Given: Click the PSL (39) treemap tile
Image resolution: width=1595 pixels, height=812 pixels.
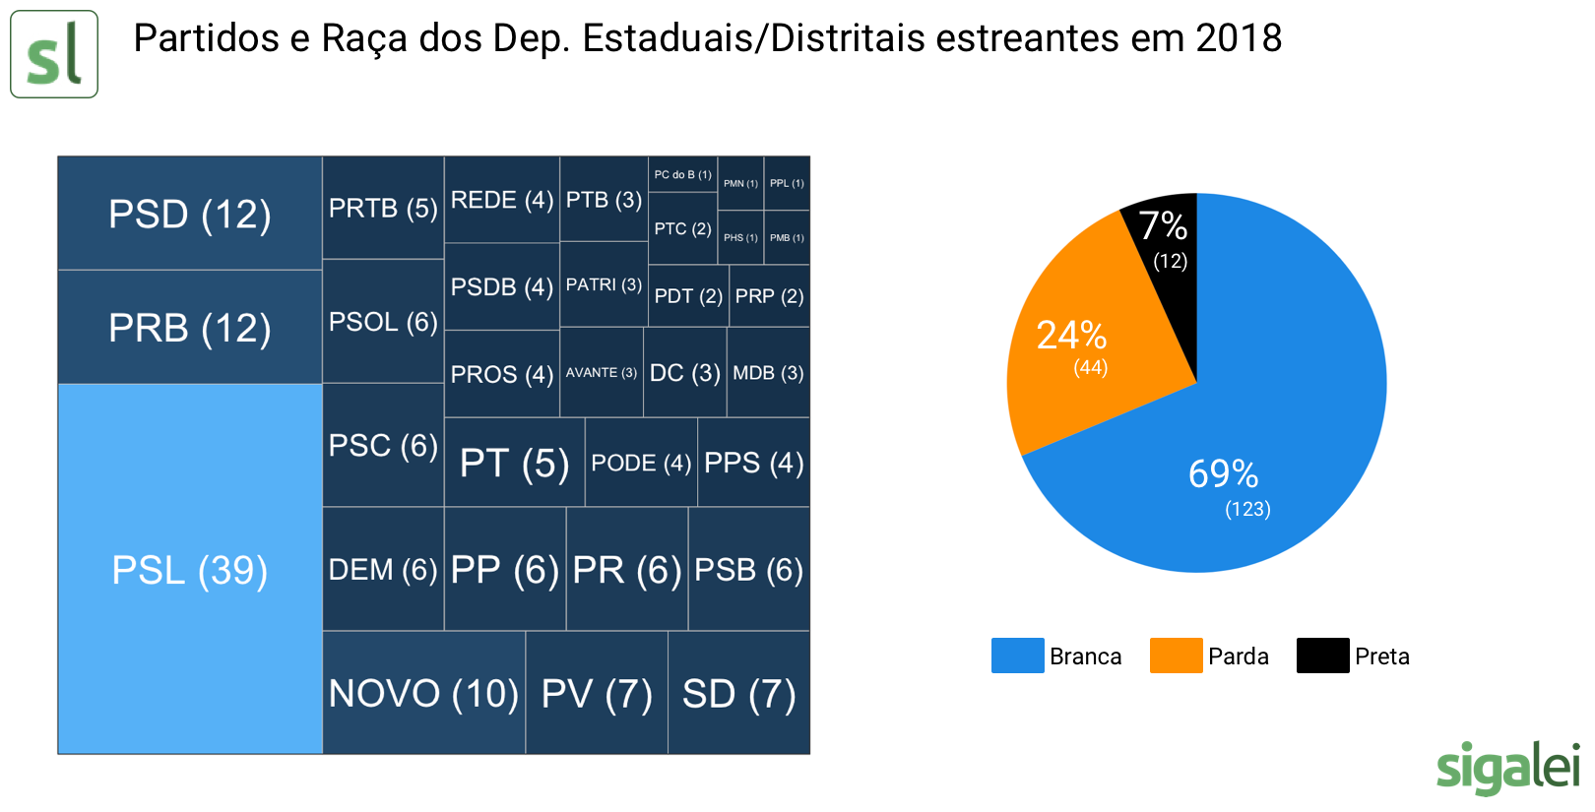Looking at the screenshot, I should [x=190, y=569].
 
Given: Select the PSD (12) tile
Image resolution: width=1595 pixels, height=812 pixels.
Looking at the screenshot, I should [x=190, y=214].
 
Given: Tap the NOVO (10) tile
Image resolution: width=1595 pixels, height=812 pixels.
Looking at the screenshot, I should [x=423, y=693].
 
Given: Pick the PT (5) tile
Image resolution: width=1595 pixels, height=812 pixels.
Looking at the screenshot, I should [x=514, y=463].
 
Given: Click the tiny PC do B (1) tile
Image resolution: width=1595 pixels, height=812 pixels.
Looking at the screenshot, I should [x=682, y=174].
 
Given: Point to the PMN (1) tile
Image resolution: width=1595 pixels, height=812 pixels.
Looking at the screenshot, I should [x=740, y=183].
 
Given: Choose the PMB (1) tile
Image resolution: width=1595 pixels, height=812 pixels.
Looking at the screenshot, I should [x=787, y=237].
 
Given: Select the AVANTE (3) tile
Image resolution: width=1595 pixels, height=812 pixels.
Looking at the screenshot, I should [x=601, y=372].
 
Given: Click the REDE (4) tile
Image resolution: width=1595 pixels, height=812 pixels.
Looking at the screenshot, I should [x=501, y=200].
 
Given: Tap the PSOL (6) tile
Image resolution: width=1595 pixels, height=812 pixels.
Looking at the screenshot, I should [x=383, y=322].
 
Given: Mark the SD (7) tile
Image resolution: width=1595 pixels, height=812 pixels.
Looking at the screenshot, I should [x=738, y=693].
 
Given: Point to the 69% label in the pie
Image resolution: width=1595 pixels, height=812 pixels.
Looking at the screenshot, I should [x=1223, y=474].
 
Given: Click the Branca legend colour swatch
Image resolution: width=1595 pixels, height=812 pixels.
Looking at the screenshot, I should [x=1017, y=656].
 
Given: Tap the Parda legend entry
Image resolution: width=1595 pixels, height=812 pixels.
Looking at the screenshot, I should [x=1211, y=656].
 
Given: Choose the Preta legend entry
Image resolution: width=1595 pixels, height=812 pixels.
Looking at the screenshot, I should [x=1355, y=656].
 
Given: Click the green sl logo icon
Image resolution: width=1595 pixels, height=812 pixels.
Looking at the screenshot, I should [x=54, y=54].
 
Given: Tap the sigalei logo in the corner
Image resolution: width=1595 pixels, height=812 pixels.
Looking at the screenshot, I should [x=1507, y=767].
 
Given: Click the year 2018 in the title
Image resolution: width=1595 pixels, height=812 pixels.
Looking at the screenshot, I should [x=1238, y=38].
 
